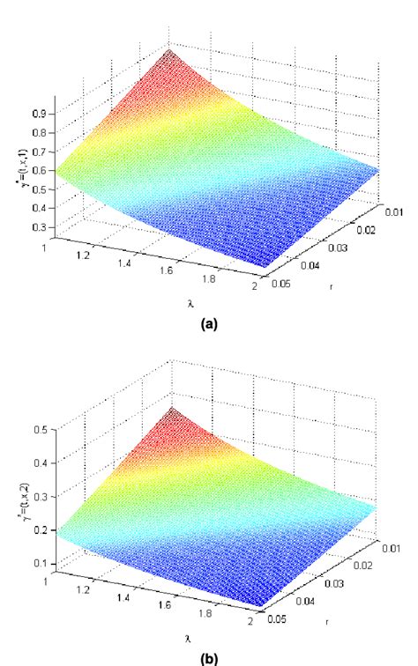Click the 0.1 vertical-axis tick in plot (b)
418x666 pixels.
(40, 562)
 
